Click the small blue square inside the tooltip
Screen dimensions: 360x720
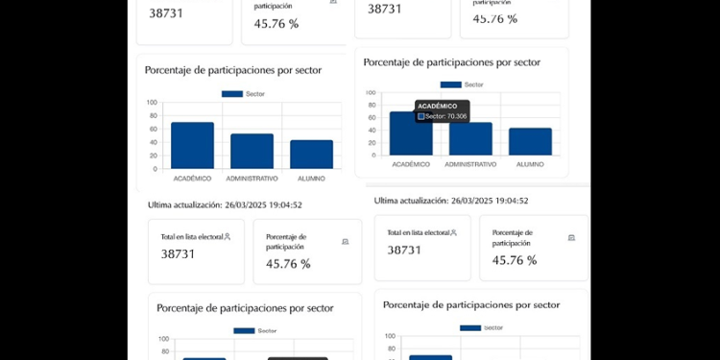point(420,116)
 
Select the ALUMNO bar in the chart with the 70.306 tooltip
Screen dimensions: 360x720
point(530,141)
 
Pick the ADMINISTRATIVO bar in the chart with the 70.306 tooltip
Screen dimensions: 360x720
point(470,138)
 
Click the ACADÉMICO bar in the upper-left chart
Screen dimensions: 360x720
point(192,145)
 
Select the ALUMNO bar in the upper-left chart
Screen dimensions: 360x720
point(311,154)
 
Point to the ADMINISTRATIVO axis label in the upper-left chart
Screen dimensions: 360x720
point(252,179)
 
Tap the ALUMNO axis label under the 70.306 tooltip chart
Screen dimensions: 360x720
point(530,164)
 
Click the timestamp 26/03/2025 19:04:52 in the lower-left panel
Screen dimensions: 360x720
point(263,204)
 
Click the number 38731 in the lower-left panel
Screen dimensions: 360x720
point(178,254)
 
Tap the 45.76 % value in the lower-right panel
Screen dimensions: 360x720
point(515,260)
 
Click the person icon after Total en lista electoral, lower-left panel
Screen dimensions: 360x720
point(227,236)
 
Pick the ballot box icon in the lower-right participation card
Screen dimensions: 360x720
point(571,237)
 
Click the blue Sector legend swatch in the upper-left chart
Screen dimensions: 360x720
point(232,93)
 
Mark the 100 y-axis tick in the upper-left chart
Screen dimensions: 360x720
point(152,102)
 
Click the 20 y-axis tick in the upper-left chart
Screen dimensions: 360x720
point(154,155)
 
